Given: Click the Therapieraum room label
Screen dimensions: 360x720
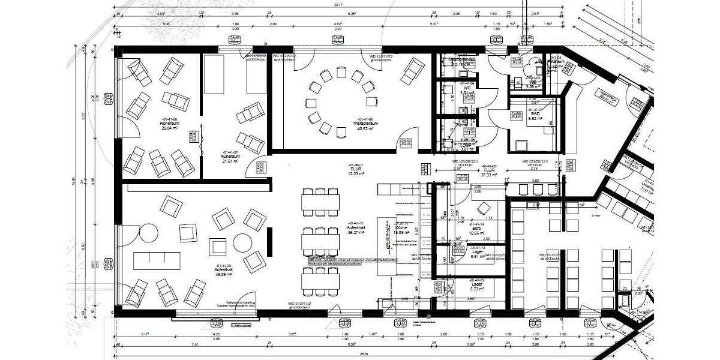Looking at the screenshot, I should pyautogui.click(x=364, y=124).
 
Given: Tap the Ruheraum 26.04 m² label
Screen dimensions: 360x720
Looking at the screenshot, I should pyautogui.click(x=171, y=124).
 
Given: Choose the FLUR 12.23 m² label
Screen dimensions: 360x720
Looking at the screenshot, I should pyautogui.click(x=356, y=170).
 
